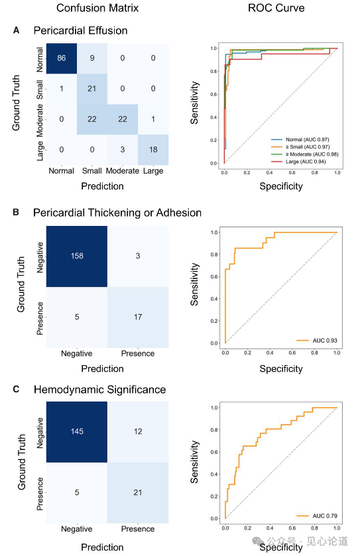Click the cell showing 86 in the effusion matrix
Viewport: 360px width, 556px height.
(x=62, y=58)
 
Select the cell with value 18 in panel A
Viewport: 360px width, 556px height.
(x=153, y=150)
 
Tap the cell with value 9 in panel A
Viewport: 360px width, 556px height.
(x=92, y=58)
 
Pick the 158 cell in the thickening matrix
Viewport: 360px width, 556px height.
(x=77, y=256)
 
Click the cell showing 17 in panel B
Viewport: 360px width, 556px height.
(x=138, y=317)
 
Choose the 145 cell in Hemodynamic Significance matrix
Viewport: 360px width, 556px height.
(x=77, y=431)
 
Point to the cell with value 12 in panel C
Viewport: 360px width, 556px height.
(x=138, y=431)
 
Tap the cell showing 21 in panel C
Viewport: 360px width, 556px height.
(x=138, y=492)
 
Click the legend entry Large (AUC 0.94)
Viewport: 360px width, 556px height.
(x=298, y=162)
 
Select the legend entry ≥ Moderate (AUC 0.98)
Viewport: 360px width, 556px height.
(x=305, y=154)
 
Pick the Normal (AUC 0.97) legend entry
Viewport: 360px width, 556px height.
(x=300, y=140)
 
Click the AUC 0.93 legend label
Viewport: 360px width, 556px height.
(x=317, y=341)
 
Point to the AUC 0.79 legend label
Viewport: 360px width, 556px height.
(x=317, y=516)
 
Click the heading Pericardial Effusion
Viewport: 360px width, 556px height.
(x=80, y=30)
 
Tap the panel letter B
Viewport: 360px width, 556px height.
(x=16, y=212)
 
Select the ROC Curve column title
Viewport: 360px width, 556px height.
(x=276, y=8)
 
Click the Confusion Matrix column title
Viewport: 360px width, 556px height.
(x=97, y=8)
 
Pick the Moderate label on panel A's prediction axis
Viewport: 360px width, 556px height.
(x=123, y=171)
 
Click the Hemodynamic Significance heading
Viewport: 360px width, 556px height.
(x=99, y=390)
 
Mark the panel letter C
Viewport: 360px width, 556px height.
(x=16, y=389)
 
